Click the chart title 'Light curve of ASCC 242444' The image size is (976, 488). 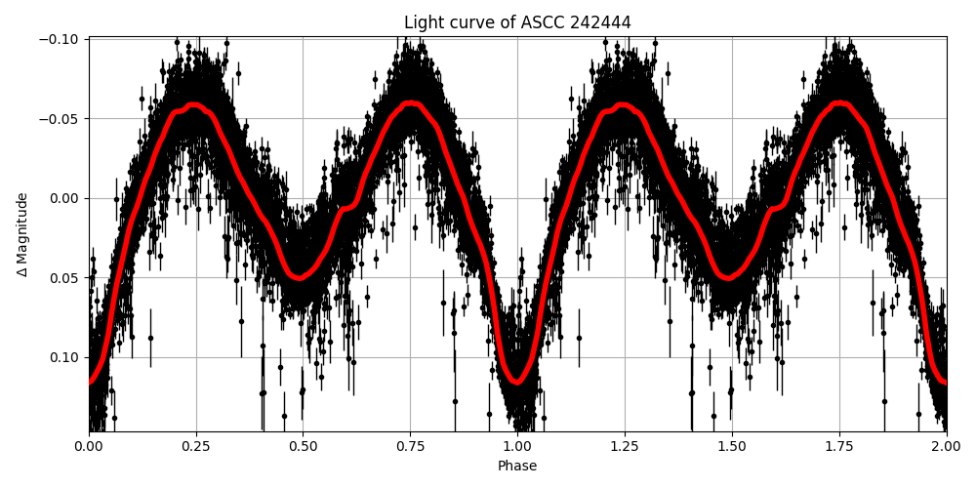(517, 22)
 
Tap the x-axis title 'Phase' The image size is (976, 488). (517, 467)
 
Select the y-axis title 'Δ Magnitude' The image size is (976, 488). (22, 234)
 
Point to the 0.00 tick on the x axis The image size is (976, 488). (89, 447)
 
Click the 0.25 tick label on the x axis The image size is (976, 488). (196, 447)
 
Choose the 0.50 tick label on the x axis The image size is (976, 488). (303, 447)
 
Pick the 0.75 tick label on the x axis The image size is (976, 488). (410, 447)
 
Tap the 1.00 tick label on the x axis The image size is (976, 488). (517, 447)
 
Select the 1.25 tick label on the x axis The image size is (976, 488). (625, 447)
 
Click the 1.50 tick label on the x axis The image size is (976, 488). (732, 447)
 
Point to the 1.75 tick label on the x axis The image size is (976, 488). (838, 447)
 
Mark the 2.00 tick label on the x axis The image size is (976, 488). (946, 447)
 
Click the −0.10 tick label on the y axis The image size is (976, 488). (60, 39)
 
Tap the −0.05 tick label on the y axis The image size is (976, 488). (60, 119)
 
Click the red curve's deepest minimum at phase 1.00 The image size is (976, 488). (517, 382)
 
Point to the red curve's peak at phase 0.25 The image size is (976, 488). (195, 104)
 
